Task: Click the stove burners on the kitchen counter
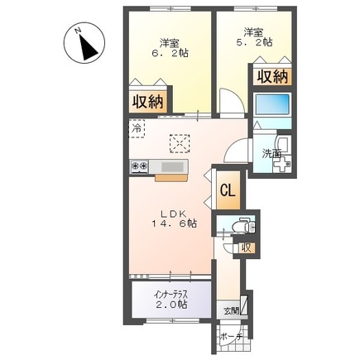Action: click(x=137, y=167)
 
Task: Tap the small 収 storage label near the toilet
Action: click(x=246, y=247)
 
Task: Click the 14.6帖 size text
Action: click(x=173, y=223)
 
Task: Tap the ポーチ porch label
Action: click(x=231, y=337)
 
